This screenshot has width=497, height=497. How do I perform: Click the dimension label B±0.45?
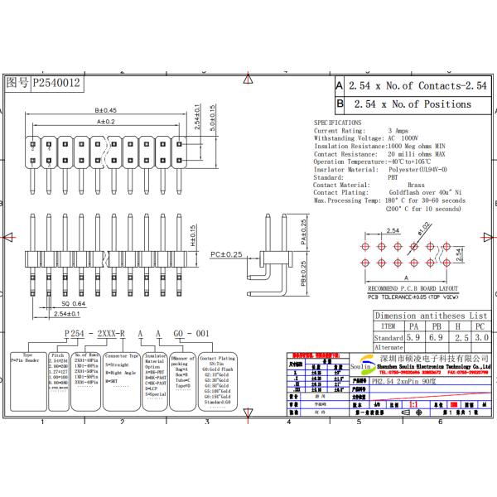tap(105, 110)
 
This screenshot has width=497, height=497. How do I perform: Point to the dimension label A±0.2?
tap(105, 121)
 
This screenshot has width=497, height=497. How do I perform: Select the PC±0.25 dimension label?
tap(226, 253)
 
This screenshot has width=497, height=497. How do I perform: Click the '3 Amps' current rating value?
tap(398, 131)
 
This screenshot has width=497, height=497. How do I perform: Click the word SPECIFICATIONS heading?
tap(337, 123)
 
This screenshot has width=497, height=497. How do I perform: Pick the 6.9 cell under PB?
tap(435, 338)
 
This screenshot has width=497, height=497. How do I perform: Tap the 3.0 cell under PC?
tap(480, 338)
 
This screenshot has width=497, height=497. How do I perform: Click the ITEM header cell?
tap(388, 327)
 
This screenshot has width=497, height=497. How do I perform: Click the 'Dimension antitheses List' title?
tap(431, 316)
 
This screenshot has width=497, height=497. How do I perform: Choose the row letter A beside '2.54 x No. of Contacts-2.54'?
tap(339, 85)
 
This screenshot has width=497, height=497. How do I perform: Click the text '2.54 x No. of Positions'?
tap(412, 104)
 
